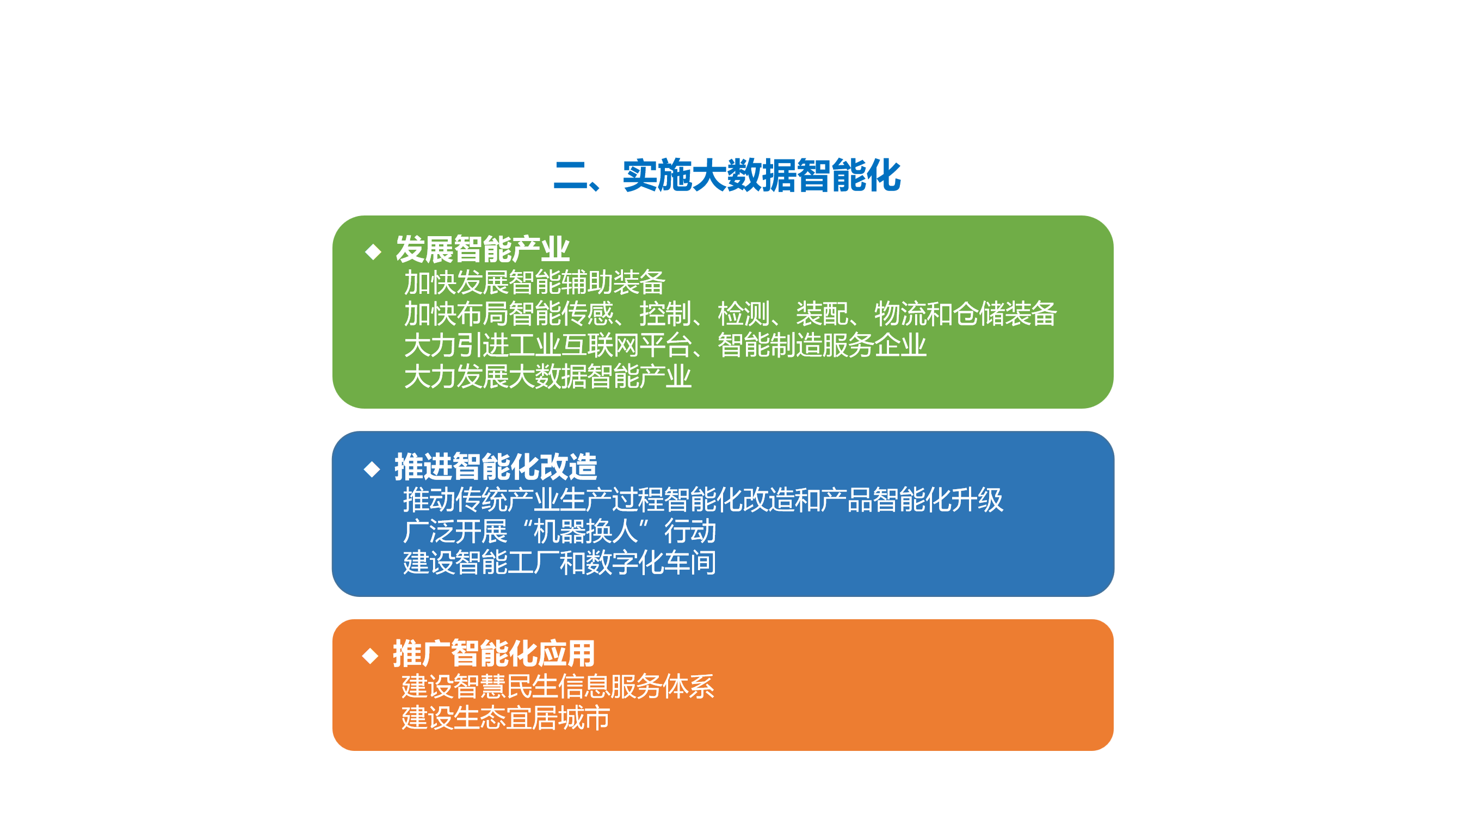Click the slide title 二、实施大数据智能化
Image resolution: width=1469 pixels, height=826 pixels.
click(x=727, y=175)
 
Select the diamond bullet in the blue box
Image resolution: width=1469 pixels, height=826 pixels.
click(x=372, y=470)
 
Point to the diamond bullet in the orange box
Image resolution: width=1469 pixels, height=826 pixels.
click(x=371, y=656)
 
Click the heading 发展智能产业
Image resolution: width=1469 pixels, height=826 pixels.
click(x=483, y=249)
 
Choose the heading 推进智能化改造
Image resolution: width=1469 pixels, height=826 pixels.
click(x=496, y=467)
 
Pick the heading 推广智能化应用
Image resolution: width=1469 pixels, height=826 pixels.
click(x=494, y=654)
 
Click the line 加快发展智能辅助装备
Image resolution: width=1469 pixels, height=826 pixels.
click(x=535, y=282)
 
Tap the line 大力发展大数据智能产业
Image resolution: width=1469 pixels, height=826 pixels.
click(x=548, y=377)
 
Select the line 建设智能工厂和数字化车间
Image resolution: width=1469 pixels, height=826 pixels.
click(x=560, y=563)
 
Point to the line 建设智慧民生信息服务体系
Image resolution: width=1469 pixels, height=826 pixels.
click(x=558, y=686)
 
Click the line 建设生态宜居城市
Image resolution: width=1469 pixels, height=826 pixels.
click(x=506, y=718)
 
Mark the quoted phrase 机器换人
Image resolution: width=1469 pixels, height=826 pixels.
click(x=585, y=532)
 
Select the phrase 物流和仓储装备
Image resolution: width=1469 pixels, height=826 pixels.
click(x=965, y=314)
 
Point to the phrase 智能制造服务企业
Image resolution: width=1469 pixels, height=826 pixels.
click(x=822, y=345)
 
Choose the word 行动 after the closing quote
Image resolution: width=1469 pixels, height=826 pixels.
click(x=690, y=532)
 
